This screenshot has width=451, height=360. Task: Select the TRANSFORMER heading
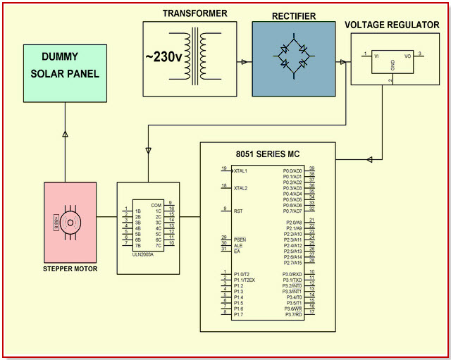point(195,13)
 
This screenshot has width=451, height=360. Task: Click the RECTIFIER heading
point(294,15)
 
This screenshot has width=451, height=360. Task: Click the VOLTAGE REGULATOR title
point(392,25)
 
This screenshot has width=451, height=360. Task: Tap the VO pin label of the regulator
point(407,54)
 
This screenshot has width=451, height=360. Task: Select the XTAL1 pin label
point(241,171)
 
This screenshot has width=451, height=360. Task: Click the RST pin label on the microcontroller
point(237,210)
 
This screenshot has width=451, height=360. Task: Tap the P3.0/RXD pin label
point(292,273)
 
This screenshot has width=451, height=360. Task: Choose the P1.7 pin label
point(239,314)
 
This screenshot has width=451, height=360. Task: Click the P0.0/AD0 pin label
point(292,170)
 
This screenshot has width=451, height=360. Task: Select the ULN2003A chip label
point(144,254)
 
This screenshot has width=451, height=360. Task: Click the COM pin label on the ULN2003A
point(156,205)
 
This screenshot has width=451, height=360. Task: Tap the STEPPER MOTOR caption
point(70,269)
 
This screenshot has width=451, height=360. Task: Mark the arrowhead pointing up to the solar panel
point(65,132)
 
